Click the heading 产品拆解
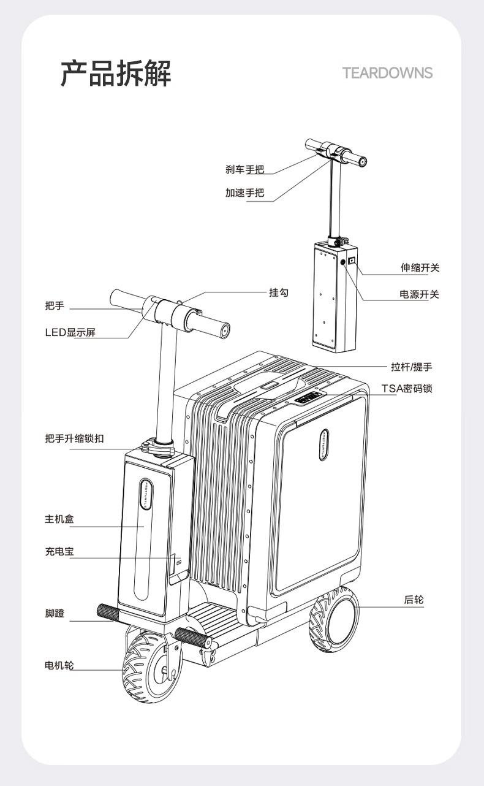(116, 73)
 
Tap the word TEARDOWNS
(388, 73)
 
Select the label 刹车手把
(245, 169)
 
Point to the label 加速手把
(245, 193)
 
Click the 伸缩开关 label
(420, 268)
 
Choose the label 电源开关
(420, 294)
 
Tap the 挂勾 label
(279, 292)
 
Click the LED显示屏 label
(70, 332)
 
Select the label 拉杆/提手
(412, 367)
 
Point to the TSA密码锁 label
(407, 389)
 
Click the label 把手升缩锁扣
(74, 438)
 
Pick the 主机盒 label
(59, 519)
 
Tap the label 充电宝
(59, 551)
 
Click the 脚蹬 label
(55, 613)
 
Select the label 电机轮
(59, 665)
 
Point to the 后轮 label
(414, 600)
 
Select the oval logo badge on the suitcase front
(324, 445)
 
